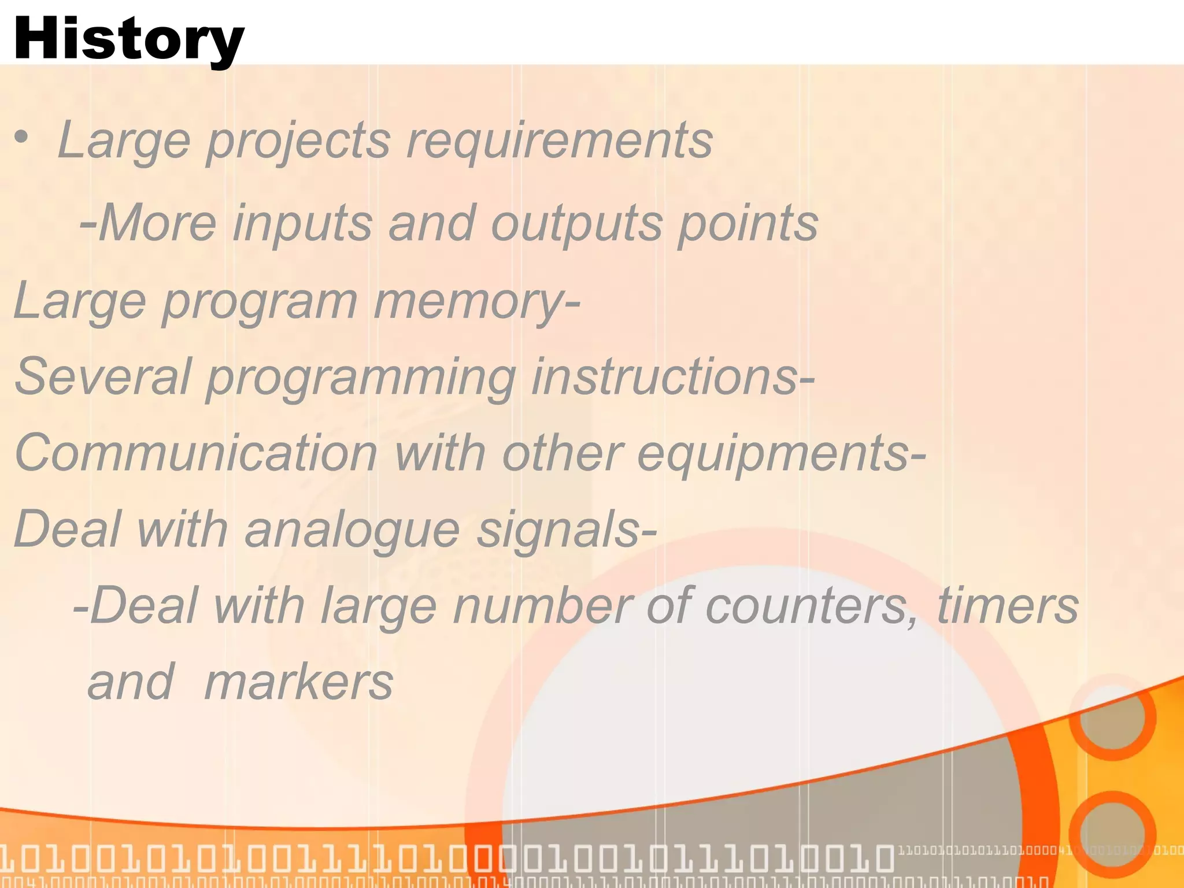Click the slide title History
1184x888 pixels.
click(128, 39)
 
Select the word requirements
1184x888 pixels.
click(558, 140)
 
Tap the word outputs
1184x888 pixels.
click(575, 224)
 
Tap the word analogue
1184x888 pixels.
click(352, 530)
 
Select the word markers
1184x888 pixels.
click(298, 683)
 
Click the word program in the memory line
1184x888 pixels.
click(260, 302)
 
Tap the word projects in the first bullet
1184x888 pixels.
click(298, 142)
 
